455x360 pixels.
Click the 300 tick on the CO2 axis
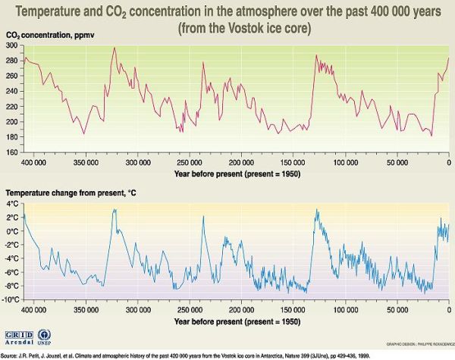[x=14, y=46]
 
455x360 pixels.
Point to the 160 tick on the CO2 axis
[x=14, y=152]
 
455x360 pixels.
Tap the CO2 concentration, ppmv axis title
[x=45, y=36]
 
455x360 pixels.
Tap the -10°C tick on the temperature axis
[x=10, y=300]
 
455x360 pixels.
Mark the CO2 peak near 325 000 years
[x=114, y=48]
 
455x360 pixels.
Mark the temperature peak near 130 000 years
[x=316, y=210]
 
